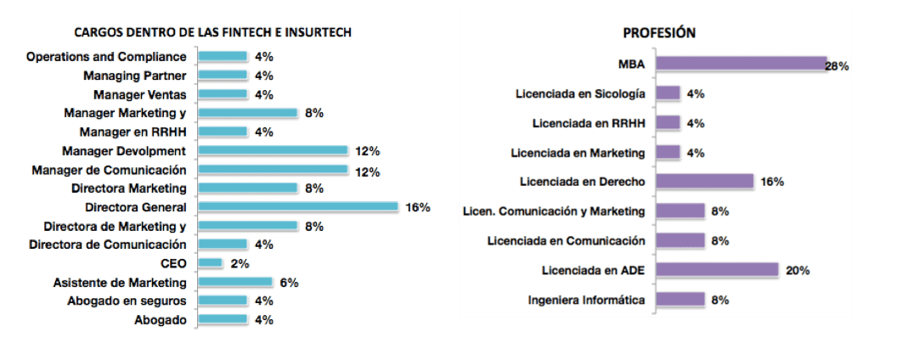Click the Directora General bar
tap(297, 206)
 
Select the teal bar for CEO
tap(210, 263)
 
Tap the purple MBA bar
tap(741, 64)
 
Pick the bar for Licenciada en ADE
tap(717, 270)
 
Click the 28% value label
tap(837, 65)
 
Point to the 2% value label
tap(239, 263)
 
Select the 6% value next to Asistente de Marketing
tap(289, 282)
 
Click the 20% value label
tap(798, 271)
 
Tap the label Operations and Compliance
tap(106, 57)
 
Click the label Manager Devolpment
tap(124, 150)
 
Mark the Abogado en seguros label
tap(127, 301)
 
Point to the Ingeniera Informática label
tap(586, 300)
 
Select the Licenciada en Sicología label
tap(580, 93)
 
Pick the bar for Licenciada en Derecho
tap(705, 182)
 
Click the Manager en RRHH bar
tap(222, 132)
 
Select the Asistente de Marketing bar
tap(234, 282)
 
